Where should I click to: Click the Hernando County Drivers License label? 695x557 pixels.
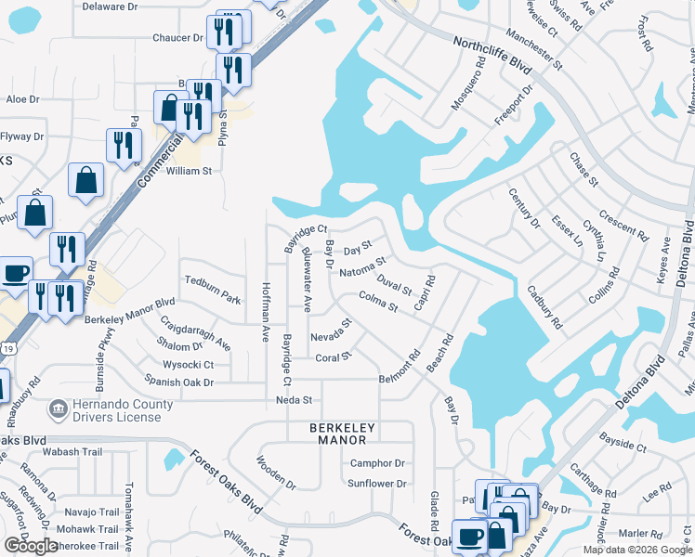point(121,411)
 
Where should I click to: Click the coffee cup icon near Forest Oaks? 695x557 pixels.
point(469,536)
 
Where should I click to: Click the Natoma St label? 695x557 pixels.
point(362,270)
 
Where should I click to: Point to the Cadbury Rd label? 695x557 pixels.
point(545,307)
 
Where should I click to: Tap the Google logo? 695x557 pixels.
point(31,546)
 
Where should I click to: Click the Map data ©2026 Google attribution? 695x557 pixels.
point(636,550)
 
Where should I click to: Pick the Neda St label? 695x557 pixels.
point(294,399)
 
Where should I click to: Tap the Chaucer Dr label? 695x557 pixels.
point(177,38)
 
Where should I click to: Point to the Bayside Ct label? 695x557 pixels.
point(623,447)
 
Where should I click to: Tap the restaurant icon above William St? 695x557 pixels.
point(123,145)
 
